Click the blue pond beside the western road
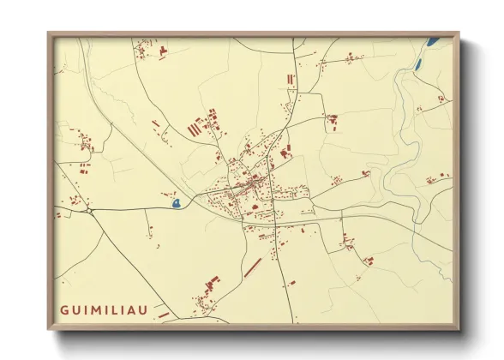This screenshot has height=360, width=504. click(176, 203)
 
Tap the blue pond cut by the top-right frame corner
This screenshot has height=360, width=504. click(432, 39)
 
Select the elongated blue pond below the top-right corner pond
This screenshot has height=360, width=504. click(418, 63)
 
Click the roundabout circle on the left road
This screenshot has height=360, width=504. click(88, 209)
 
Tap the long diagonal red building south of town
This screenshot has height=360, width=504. click(252, 268)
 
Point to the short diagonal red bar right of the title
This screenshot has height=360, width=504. click(163, 315)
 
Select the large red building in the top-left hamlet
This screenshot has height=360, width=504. click(161, 51)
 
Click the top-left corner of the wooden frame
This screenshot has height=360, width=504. click(49, 34)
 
